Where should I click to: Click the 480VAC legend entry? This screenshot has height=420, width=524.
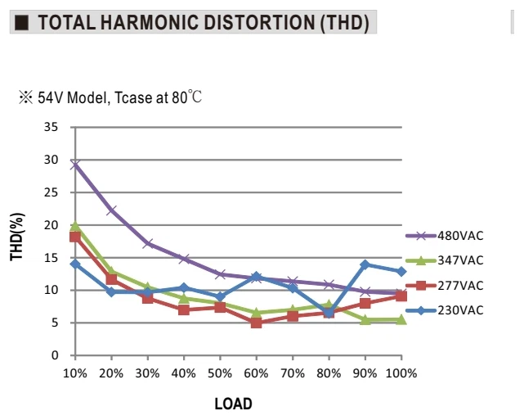click(445, 236)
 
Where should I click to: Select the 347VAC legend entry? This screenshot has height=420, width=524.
click(445, 260)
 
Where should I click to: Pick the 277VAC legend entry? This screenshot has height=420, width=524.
click(445, 286)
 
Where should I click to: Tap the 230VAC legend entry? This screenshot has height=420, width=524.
click(445, 310)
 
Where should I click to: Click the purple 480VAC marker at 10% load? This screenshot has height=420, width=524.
click(75, 165)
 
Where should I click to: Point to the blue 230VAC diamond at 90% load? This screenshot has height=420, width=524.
click(365, 264)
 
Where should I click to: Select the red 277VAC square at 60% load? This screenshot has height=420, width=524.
click(256, 323)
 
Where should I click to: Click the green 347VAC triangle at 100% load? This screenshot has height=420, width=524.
click(401, 320)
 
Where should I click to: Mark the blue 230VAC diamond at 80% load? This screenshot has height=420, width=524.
click(329, 314)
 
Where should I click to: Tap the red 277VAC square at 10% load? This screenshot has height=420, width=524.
click(75, 237)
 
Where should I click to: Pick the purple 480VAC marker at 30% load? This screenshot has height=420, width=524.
click(148, 243)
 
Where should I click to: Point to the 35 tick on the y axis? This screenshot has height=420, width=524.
click(51, 127)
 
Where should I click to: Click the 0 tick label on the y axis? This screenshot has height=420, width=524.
click(55, 355)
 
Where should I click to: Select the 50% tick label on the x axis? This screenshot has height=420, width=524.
click(220, 373)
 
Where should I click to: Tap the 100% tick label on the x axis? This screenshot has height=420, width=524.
click(401, 373)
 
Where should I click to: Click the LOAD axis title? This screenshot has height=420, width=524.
click(233, 404)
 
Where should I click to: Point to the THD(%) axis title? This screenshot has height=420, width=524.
click(16, 237)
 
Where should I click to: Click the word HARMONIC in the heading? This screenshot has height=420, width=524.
click(149, 22)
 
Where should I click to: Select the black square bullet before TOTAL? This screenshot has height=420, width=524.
click(22, 23)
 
